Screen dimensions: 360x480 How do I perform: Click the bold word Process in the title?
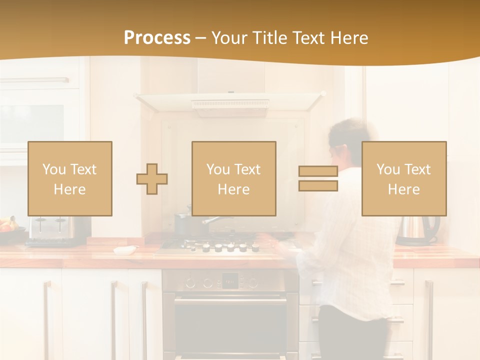point(157,37)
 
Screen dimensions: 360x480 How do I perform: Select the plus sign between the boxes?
point(152,179)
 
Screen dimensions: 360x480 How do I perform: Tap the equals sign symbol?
point(318,178)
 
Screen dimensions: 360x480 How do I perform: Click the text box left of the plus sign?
point(70,178)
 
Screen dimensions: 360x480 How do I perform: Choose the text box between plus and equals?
point(234,178)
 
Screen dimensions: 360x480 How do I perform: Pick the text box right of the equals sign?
point(404,178)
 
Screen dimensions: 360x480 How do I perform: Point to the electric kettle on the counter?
point(417,230)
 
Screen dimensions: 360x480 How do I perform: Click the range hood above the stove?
point(230,102)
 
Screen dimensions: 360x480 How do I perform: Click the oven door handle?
point(230,300)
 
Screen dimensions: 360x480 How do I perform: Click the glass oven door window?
point(230,330)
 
